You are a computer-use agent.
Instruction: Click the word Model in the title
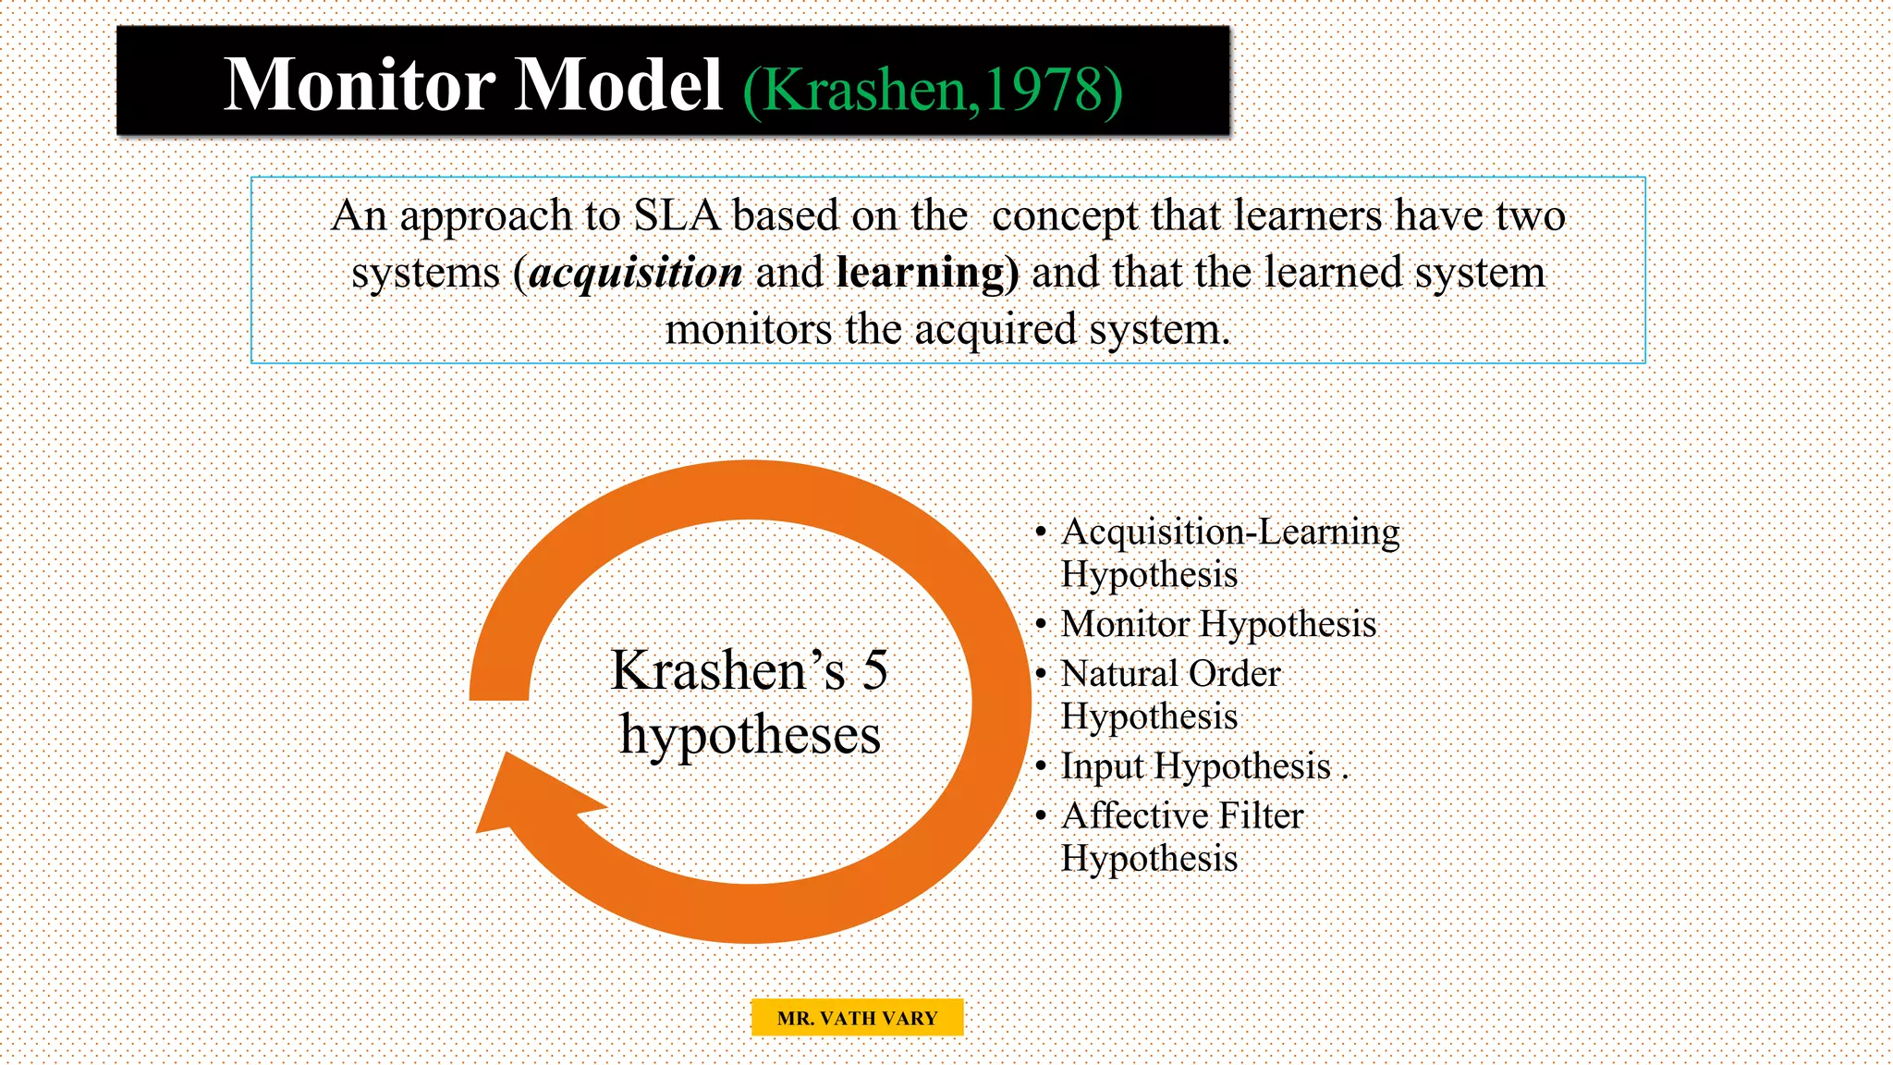pyautogui.click(x=617, y=85)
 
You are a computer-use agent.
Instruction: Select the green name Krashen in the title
pyautogui.click(x=865, y=91)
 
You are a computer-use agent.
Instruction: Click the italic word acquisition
pyautogui.click(x=636, y=273)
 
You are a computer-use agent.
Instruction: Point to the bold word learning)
pyautogui.click(x=927, y=273)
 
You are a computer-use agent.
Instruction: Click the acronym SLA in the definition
pyautogui.click(x=677, y=216)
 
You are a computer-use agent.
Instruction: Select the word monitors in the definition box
pyautogui.click(x=748, y=330)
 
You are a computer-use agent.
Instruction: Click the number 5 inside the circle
pyautogui.click(x=874, y=670)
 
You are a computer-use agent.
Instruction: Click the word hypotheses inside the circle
pyautogui.click(x=750, y=736)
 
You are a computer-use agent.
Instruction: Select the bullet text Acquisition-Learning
pyautogui.click(x=1229, y=532)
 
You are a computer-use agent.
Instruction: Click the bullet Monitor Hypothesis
pyautogui.click(x=1218, y=625)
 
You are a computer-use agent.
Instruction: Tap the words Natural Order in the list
pyautogui.click(x=1170, y=674)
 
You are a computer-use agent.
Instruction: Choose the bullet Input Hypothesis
pyautogui.click(x=1195, y=766)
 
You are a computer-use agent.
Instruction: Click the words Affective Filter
pyautogui.click(x=1181, y=816)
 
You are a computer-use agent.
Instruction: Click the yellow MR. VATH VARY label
pyautogui.click(x=857, y=1018)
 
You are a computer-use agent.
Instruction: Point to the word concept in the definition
pyautogui.click(x=1065, y=216)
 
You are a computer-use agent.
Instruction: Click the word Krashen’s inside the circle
pyautogui.click(x=727, y=670)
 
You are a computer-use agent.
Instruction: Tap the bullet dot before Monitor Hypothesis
pyautogui.click(x=1041, y=625)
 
